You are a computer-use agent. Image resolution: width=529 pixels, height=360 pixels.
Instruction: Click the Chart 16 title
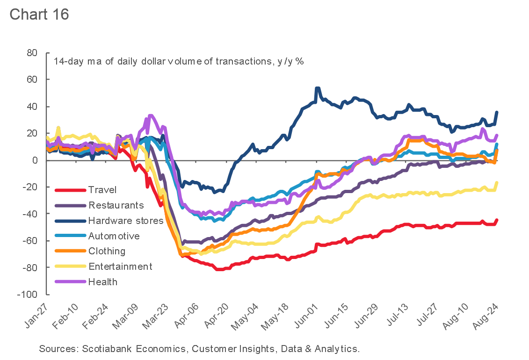coord(39,14)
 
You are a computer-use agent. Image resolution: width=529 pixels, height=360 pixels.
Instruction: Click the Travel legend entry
coord(102,190)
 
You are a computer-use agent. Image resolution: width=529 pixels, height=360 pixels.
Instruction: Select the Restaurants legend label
coord(116,205)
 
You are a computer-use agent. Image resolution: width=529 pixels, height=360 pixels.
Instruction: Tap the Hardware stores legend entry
coord(125,221)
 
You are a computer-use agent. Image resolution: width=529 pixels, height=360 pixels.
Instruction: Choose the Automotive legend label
coord(114,236)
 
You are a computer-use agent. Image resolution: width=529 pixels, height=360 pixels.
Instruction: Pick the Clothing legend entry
coord(107,251)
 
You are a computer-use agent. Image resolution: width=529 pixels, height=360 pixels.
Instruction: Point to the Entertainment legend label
coord(120,266)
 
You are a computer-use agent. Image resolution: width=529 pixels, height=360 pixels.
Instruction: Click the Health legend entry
coord(102,282)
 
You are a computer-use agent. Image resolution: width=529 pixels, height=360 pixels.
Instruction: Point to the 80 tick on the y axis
coord(32,53)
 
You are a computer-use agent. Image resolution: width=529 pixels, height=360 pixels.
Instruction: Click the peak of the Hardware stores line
coord(318,88)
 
